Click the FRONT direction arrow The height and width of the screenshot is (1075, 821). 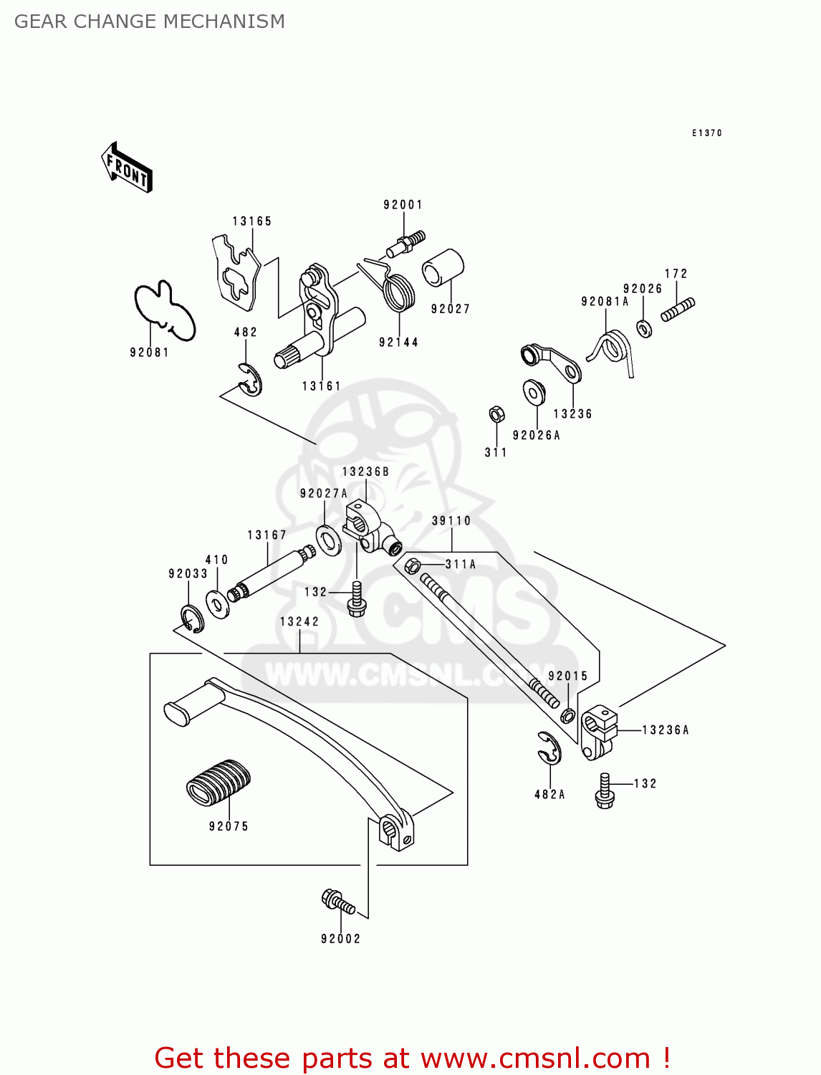(x=127, y=168)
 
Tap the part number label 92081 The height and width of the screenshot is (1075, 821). (x=149, y=352)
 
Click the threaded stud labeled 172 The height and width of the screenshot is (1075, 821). (x=678, y=310)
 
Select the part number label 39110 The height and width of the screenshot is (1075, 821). (x=451, y=521)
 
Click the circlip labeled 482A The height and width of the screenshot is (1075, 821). (x=550, y=749)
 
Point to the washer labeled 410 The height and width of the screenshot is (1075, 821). (x=216, y=603)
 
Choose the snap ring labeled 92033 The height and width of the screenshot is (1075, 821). (x=191, y=618)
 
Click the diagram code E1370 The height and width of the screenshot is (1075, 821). (x=706, y=133)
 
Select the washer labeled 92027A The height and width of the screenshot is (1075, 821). (x=329, y=540)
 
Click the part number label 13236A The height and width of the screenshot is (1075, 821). (x=665, y=730)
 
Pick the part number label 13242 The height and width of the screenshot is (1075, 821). (x=299, y=622)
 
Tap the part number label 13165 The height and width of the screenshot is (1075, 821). (x=252, y=221)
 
